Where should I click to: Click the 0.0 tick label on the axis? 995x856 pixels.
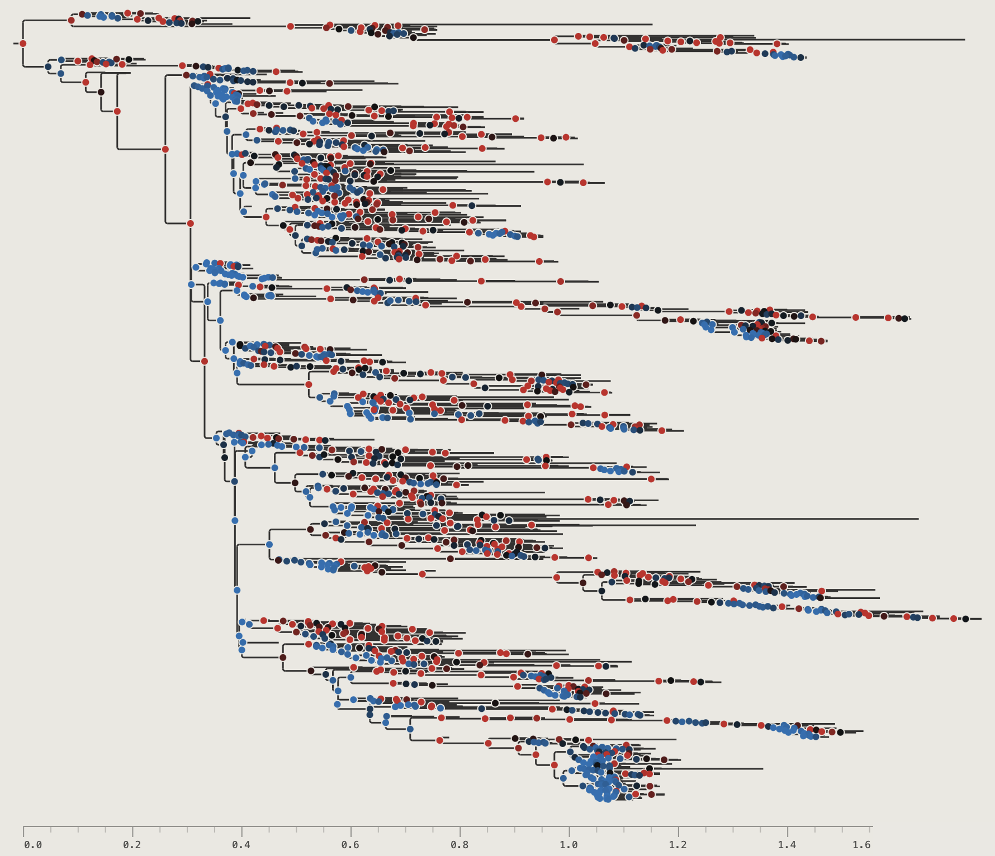(33, 845)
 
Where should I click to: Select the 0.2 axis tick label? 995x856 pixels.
(132, 845)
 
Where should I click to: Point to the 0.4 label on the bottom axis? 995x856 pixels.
(241, 845)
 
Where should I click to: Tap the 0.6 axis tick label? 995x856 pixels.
(350, 845)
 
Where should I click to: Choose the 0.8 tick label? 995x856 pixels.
(459, 845)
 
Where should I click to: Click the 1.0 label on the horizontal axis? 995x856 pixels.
(568, 845)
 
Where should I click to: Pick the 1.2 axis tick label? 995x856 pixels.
(677, 845)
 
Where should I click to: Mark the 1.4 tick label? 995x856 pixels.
(786, 845)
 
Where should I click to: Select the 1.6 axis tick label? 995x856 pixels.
(861, 845)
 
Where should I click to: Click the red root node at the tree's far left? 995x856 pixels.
(23, 44)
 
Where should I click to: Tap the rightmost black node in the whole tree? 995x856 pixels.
(965, 619)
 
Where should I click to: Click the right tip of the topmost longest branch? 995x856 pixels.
(965, 40)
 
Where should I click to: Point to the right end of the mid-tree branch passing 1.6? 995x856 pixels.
(918, 519)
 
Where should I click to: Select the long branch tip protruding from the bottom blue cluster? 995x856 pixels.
(762, 769)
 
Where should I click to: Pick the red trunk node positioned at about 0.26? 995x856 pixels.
(165, 149)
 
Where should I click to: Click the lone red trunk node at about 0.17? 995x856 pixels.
(117, 111)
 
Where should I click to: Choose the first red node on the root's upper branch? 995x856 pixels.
(71, 21)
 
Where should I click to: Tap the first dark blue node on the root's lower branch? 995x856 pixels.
(48, 67)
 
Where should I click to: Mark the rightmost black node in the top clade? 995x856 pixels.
(800, 58)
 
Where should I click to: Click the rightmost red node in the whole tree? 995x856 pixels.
(953, 619)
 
